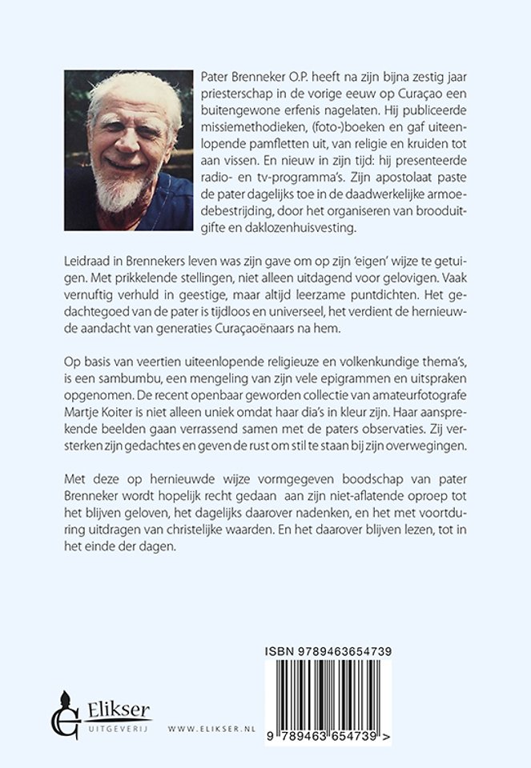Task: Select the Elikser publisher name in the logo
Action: (x=118, y=708)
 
